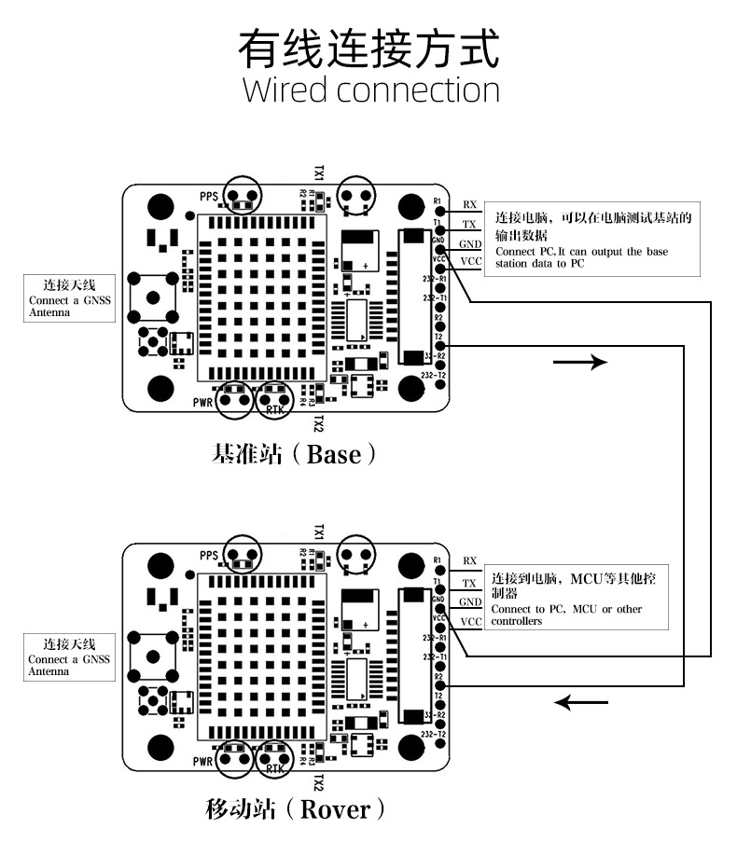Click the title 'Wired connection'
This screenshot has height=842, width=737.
(x=370, y=90)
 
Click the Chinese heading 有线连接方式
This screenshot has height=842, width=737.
(x=369, y=48)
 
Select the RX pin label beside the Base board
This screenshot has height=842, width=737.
(x=469, y=205)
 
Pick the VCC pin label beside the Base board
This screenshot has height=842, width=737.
(x=471, y=261)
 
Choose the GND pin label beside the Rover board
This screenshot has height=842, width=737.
(x=470, y=602)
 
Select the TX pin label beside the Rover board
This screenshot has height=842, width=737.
(x=469, y=583)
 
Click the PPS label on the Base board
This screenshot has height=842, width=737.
(x=208, y=196)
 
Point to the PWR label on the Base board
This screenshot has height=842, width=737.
(x=203, y=403)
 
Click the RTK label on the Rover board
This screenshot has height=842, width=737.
(x=274, y=768)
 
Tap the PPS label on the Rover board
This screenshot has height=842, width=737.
(x=208, y=556)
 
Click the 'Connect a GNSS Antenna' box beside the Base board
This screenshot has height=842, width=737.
(x=69, y=297)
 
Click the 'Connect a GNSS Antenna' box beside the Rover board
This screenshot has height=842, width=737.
(x=71, y=656)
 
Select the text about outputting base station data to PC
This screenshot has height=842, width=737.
(x=581, y=257)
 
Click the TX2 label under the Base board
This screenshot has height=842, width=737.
(x=318, y=423)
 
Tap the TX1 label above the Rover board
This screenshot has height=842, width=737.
(x=318, y=533)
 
